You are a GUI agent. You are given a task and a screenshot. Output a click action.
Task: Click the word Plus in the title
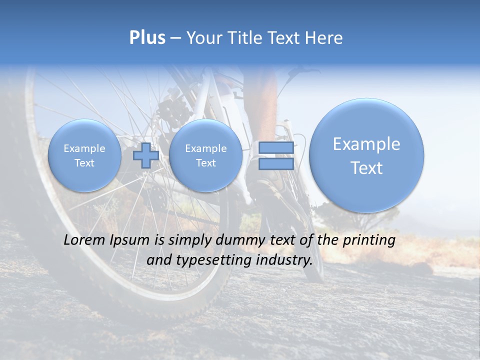pyautogui.click(x=147, y=38)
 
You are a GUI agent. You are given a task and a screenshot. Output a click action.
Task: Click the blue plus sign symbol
pyautogui.click(x=145, y=155)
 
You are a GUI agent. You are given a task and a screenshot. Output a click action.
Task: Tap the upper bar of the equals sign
pyautogui.click(x=276, y=148)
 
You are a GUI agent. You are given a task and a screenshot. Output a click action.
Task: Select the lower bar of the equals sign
pyautogui.click(x=276, y=164)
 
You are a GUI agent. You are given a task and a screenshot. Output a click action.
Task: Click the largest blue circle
pyautogui.click(x=366, y=155)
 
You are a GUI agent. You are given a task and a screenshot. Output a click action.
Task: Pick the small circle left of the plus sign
pyautogui.click(x=84, y=155)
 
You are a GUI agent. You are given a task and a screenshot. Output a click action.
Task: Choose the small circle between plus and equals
pyautogui.click(x=205, y=155)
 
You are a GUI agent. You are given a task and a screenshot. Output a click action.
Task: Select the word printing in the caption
pyautogui.click(x=368, y=240)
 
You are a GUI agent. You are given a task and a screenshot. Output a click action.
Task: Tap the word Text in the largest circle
pyautogui.click(x=366, y=168)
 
